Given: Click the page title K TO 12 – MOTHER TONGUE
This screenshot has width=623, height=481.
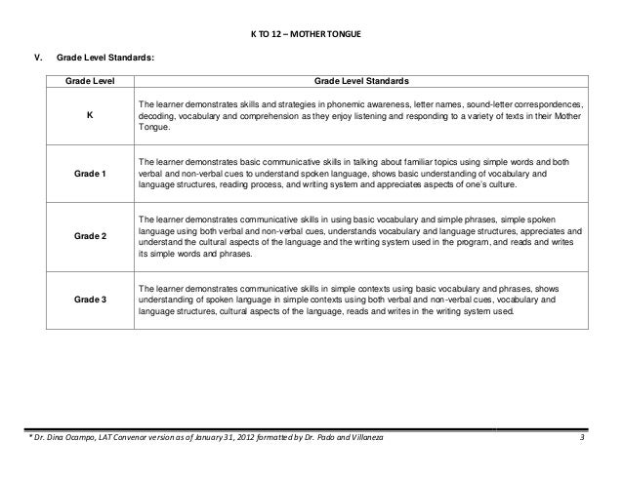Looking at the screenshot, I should point(311,35).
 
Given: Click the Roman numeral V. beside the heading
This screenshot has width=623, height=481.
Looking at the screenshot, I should point(38,59).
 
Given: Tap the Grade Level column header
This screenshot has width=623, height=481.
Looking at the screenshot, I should point(90,80).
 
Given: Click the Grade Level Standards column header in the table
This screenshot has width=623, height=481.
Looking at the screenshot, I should point(361,80).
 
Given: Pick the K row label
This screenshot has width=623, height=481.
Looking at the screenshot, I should point(90,115).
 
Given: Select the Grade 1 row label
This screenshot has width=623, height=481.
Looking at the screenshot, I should point(90,174).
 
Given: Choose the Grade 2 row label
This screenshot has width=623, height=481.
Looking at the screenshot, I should point(90,235).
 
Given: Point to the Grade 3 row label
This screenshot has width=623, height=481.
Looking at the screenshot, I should point(90,300).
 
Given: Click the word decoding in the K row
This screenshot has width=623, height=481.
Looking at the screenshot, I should point(157,115).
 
